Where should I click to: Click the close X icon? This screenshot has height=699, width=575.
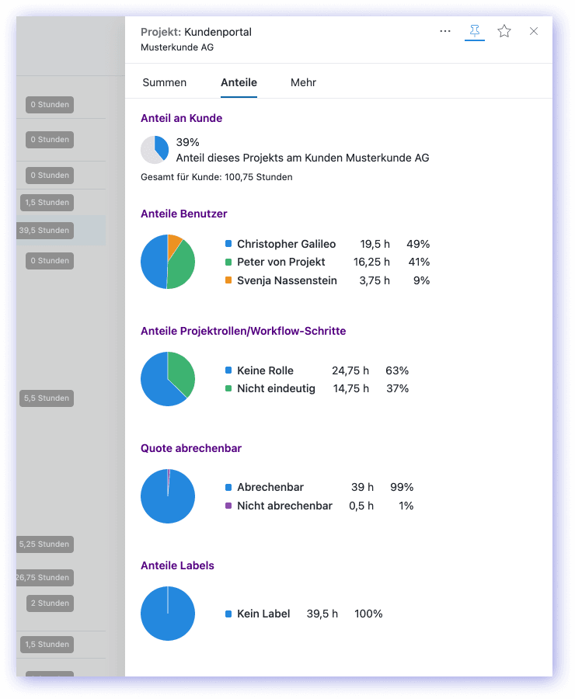pyautogui.click(x=534, y=31)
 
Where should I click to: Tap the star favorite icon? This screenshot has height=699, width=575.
pyautogui.click(x=504, y=31)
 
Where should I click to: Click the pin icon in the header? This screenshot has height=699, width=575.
pyautogui.click(x=474, y=31)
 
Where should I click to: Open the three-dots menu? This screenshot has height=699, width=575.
pyautogui.click(x=445, y=31)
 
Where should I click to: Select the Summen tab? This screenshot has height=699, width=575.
pyautogui.click(x=165, y=82)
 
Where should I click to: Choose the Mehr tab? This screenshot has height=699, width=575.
pyautogui.click(x=303, y=82)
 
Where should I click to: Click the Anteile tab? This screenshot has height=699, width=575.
pyautogui.click(x=239, y=82)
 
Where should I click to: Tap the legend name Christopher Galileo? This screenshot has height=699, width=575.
pyautogui.click(x=286, y=244)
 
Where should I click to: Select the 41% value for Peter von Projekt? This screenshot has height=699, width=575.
pyautogui.click(x=419, y=262)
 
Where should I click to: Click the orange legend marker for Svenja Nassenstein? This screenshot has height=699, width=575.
pyautogui.click(x=228, y=280)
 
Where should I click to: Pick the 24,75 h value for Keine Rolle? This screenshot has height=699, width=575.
pyautogui.click(x=350, y=370)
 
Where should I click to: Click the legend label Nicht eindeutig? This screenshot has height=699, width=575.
pyautogui.click(x=276, y=388)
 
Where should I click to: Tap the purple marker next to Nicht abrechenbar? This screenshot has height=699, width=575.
pyautogui.click(x=228, y=506)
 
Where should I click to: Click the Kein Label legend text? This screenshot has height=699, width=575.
pyautogui.click(x=263, y=614)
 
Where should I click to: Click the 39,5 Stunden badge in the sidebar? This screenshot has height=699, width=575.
pyautogui.click(x=44, y=231)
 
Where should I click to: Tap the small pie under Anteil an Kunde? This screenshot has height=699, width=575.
pyautogui.click(x=155, y=149)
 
